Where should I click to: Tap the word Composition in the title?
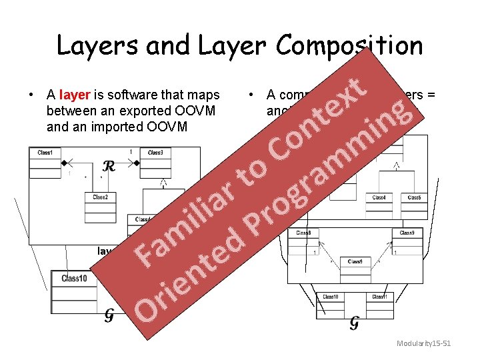tap(349, 47)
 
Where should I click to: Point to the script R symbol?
tap(109, 166)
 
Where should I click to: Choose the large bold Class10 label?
tap(73, 278)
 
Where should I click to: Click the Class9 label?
tap(407, 233)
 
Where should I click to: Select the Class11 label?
tap(379, 296)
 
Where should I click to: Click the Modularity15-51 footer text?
tap(424, 343)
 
